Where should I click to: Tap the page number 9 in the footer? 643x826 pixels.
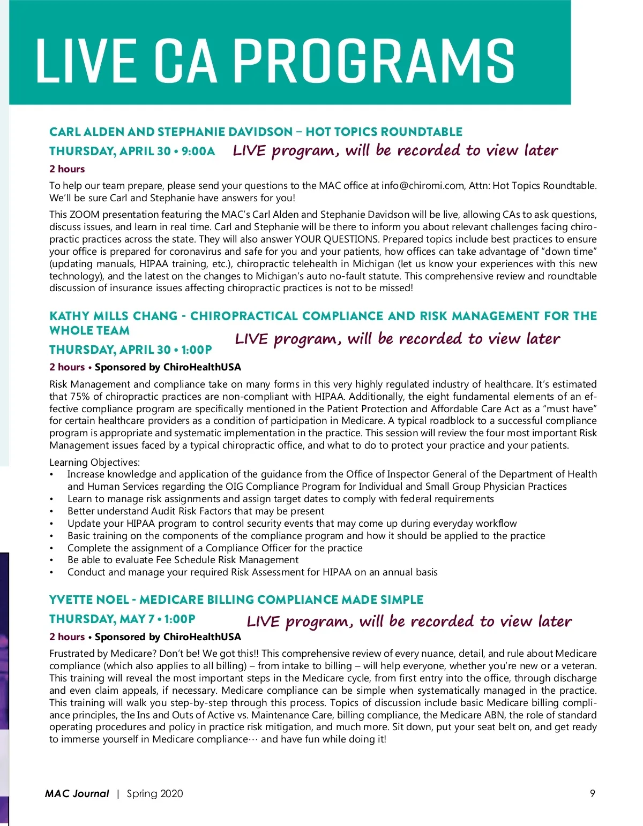(592, 793)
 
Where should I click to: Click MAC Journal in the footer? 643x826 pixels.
(77, 793)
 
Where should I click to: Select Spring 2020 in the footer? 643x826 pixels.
(155, 793)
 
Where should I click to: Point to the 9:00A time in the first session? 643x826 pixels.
(198, 151)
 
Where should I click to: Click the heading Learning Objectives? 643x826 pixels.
(94, 462)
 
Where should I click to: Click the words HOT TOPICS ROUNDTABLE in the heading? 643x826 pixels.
(384, 132)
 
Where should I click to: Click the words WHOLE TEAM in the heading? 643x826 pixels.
(89, 331)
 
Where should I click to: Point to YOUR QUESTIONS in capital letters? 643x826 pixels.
(336, 239)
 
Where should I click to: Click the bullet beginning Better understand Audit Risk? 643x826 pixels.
(196, 511)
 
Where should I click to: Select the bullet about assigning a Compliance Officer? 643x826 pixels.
(215, 548)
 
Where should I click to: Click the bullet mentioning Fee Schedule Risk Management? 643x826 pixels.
(183, 560)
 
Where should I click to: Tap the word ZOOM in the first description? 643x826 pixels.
(85, 215)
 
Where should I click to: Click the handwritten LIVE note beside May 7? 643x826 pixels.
(409, 622)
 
